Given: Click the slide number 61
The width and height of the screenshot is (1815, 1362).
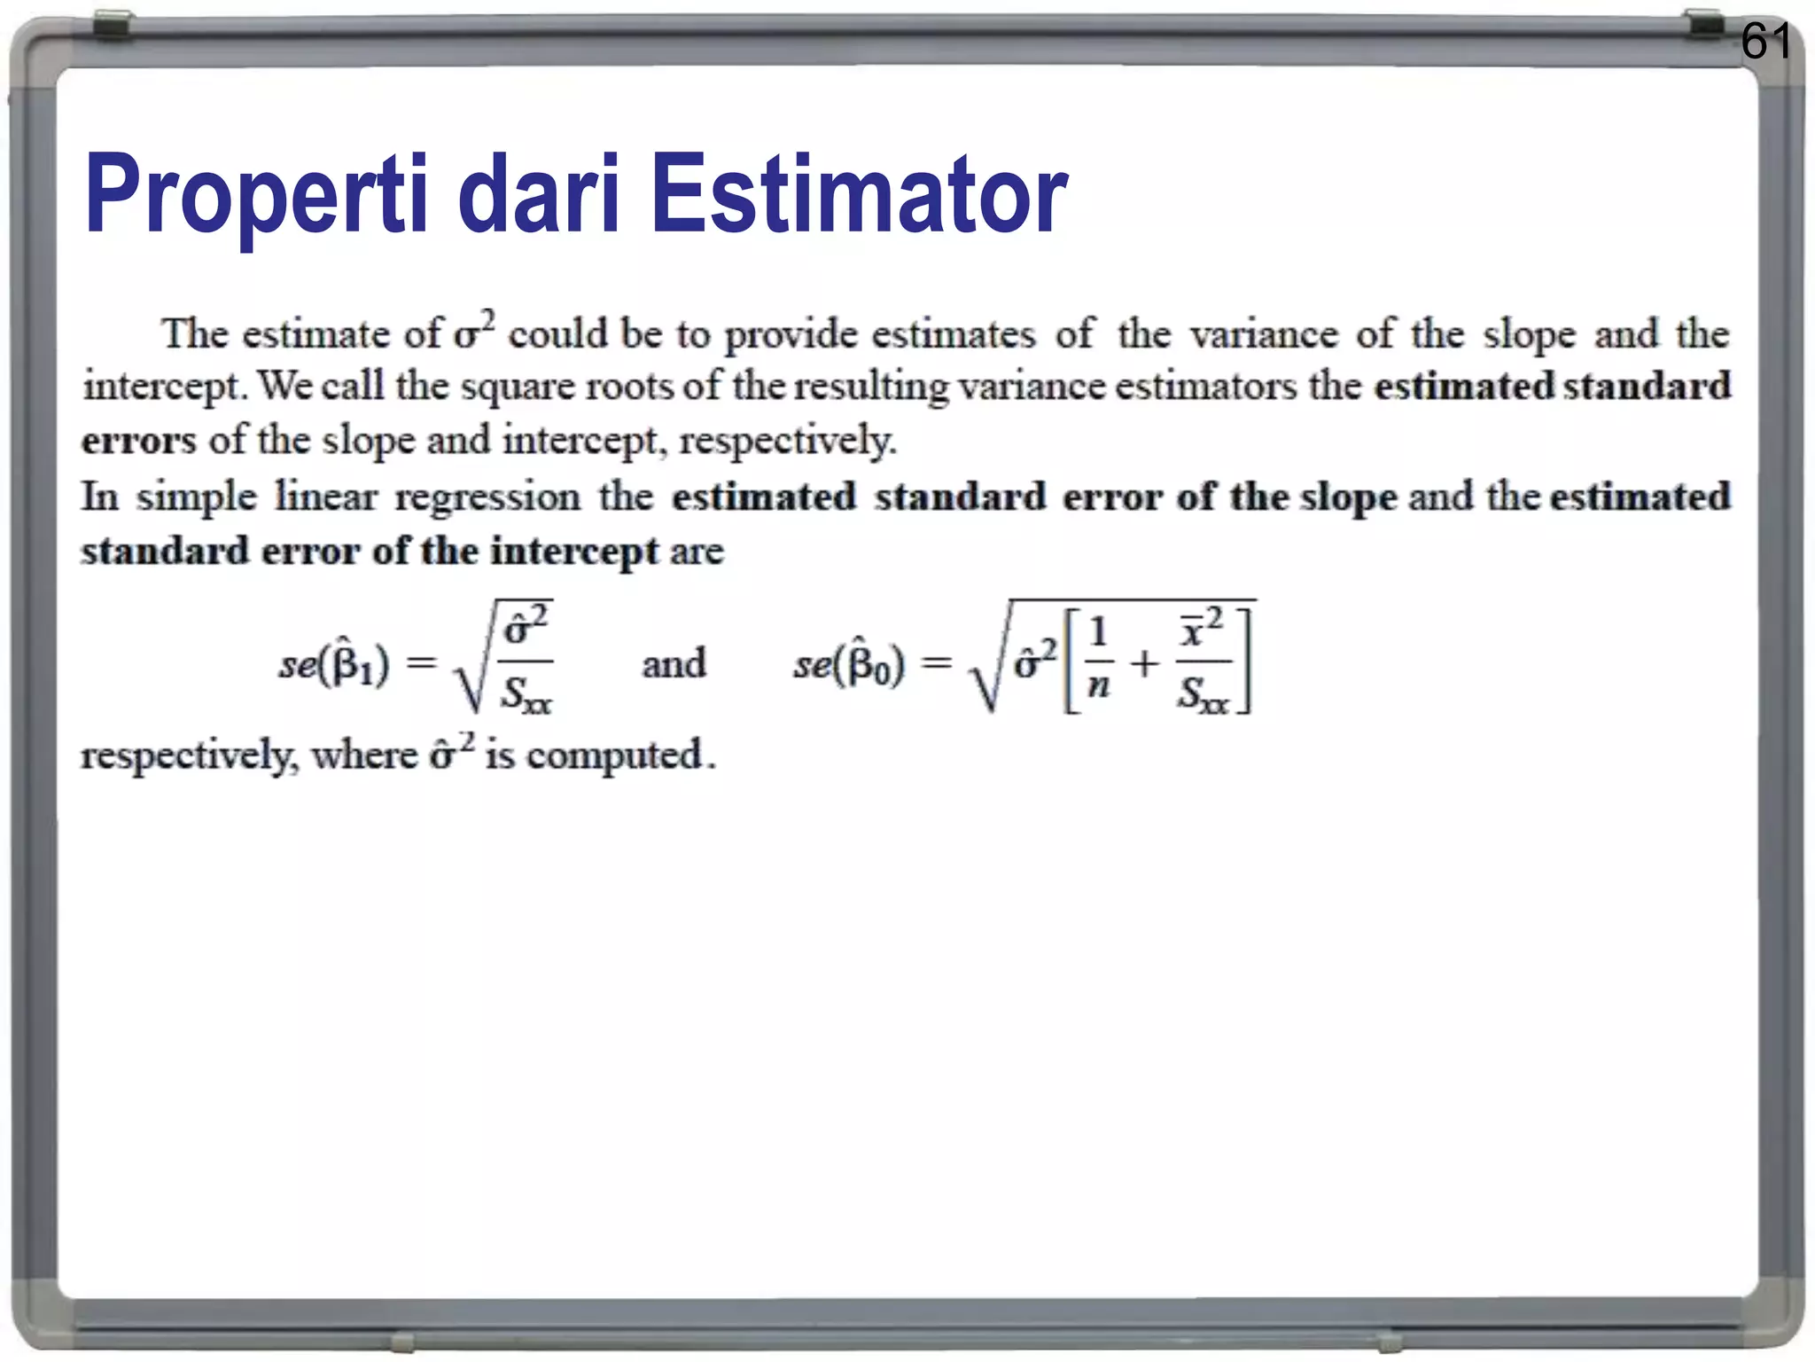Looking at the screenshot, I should (x=1765, y=41).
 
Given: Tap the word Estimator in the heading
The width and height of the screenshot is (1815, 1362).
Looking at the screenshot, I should (x=859, y=194).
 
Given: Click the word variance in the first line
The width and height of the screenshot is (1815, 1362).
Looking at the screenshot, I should (x=1264, y=334).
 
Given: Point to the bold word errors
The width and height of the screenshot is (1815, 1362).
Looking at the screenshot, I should (x=138, y=441).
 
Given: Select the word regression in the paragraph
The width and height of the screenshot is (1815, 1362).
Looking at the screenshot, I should (x=487, y=497).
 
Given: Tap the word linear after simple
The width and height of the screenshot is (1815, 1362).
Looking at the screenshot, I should (x=326, y=497).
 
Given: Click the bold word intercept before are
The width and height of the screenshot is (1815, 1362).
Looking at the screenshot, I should (x=574, y=552).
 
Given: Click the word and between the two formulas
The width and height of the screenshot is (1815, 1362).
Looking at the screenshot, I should (x=674, y=663).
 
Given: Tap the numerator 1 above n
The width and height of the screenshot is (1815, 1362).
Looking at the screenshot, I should (x=1099, y=633).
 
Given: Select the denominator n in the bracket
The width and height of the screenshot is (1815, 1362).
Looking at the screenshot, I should (x=1099, y=686).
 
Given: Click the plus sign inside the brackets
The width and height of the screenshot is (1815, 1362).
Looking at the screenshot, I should (x=1144, y=663).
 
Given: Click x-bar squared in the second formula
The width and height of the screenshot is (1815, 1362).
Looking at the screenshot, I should (x=1200, y=628).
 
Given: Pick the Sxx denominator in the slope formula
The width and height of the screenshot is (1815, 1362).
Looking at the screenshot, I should (x=526, y=694).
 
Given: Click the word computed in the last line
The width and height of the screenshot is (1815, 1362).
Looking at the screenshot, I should (x=614, y=755).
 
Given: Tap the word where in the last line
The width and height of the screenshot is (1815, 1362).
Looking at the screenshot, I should (x=364, y=755).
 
